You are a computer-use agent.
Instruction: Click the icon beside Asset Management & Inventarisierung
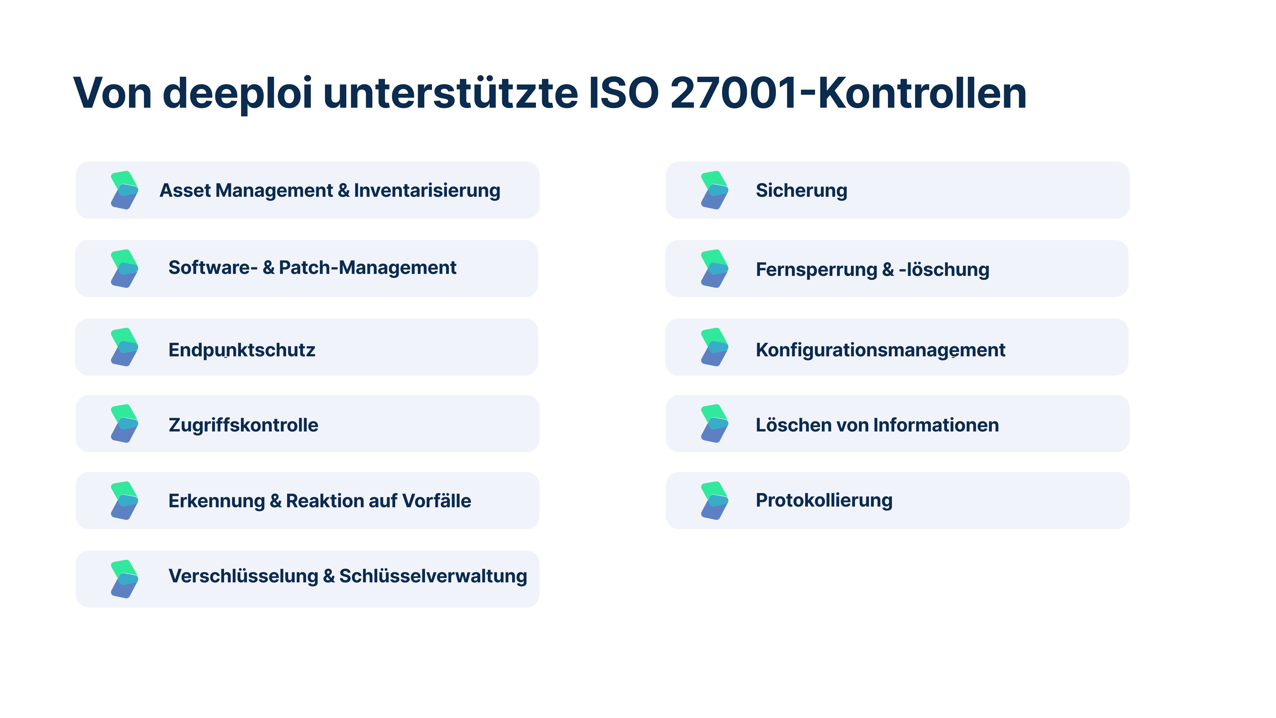point(124,190)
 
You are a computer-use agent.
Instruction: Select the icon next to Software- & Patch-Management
point(124,269)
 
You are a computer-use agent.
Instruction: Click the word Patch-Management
point(368,268)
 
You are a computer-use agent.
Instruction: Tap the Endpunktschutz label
point(242,350)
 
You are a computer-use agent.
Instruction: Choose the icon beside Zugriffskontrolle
point(124,424)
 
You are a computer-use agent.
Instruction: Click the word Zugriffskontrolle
point(243,425)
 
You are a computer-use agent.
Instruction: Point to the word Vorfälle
point(436,501)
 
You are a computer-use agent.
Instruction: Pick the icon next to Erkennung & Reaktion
point(124,501)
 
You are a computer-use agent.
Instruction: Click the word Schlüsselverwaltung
point(433,576)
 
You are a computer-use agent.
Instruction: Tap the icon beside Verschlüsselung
point(124,579)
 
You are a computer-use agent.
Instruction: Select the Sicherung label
point(801,190)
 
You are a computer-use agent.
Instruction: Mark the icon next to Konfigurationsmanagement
point(714,347)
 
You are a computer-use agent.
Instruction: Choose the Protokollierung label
point(824,501)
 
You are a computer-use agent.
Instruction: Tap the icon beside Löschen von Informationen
point(714,424)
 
